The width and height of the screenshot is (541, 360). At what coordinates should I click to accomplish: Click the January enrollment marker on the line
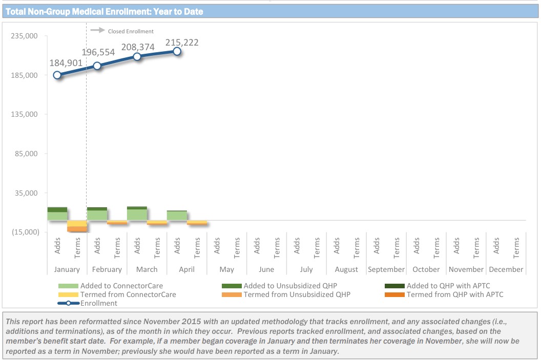coord(57,75)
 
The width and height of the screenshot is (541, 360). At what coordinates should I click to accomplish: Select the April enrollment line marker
coord(177,51)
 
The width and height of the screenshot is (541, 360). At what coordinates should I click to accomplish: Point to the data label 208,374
coord(138,47)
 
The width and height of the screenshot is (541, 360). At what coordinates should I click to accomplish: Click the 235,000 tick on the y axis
coord(25,36)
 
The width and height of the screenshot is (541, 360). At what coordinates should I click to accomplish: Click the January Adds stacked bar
coord(57,214)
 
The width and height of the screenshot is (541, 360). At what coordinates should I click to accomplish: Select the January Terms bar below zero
coord(77,226)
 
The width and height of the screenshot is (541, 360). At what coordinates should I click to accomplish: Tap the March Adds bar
coord(137,214)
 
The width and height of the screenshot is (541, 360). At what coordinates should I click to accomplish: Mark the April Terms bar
coord(197,222)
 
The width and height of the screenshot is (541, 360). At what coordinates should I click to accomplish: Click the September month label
coord(386,269)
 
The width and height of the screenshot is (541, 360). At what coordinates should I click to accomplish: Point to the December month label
coord(506,269)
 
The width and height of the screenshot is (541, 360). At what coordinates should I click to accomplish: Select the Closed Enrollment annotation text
coord(131,31)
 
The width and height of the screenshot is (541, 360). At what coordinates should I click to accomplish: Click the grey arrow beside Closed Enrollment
coord(97,31)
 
